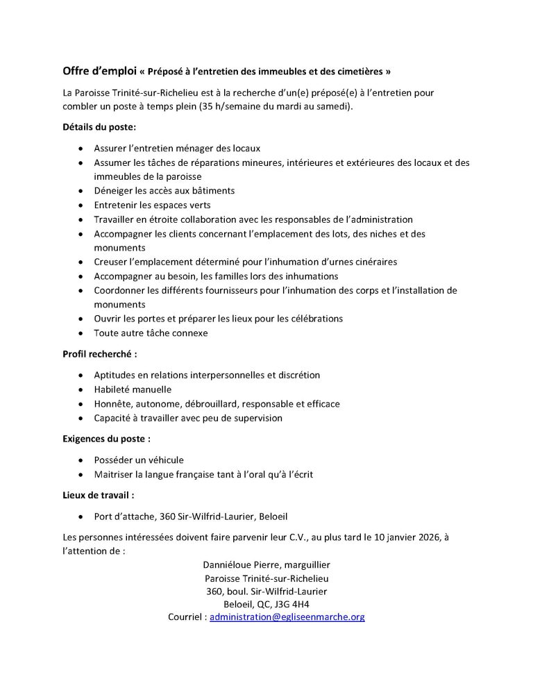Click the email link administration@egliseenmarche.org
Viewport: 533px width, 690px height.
[x=287, y=616]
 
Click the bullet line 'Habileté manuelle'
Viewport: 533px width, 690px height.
[x=133, y=389]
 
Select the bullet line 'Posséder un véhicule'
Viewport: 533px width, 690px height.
[x=139, y=460]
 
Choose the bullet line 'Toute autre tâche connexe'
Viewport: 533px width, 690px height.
[x=151, y=333]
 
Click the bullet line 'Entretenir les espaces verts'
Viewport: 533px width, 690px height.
[x=152, y=205]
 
